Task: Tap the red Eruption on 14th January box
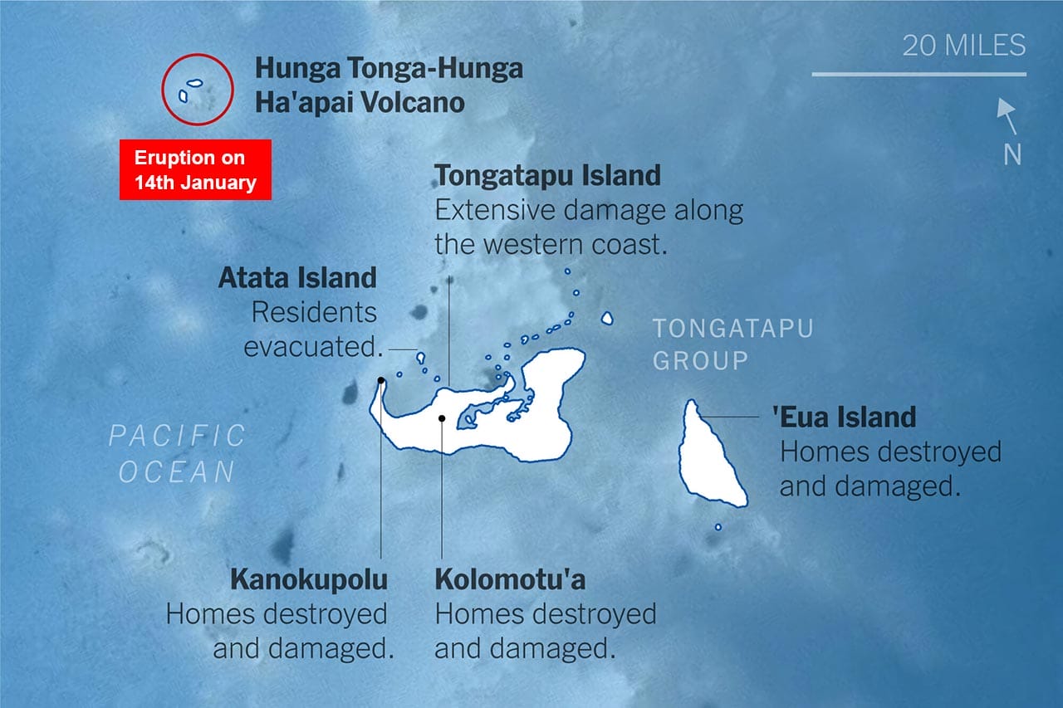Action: click(195, 169)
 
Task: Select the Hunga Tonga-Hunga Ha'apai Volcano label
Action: click(389, 85)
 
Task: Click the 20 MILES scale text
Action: click(963, 45)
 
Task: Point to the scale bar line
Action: click(918, 75)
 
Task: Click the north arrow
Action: click(1007, 115)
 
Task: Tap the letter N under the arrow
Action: click(1012, 154)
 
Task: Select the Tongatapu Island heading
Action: click(547, 176)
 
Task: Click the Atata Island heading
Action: click(297, 277)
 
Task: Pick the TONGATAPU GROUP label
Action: click(732, 344)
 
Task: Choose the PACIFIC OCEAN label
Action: click(178, 453)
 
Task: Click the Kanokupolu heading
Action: click(309, 579)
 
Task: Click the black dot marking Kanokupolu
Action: click(380, 381)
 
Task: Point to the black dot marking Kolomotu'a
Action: click(442, 418)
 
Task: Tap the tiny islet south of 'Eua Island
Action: click(718, 527)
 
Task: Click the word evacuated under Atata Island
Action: click(312, 347)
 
